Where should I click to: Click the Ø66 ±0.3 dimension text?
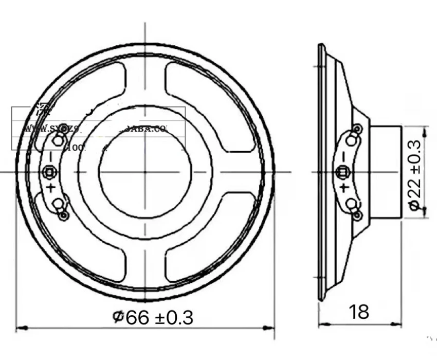(x=153, y=318)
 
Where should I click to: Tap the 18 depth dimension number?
(x=359, y=312)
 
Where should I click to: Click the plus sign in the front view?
(x=51, y=187)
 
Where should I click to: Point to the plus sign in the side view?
(x=343, y=187)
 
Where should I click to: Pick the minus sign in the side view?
(x=343, y=156)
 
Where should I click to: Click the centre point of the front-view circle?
(x=145, y=171)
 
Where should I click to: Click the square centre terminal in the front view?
(x=50, y=171)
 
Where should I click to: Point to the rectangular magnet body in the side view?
(x=386, y=171)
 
